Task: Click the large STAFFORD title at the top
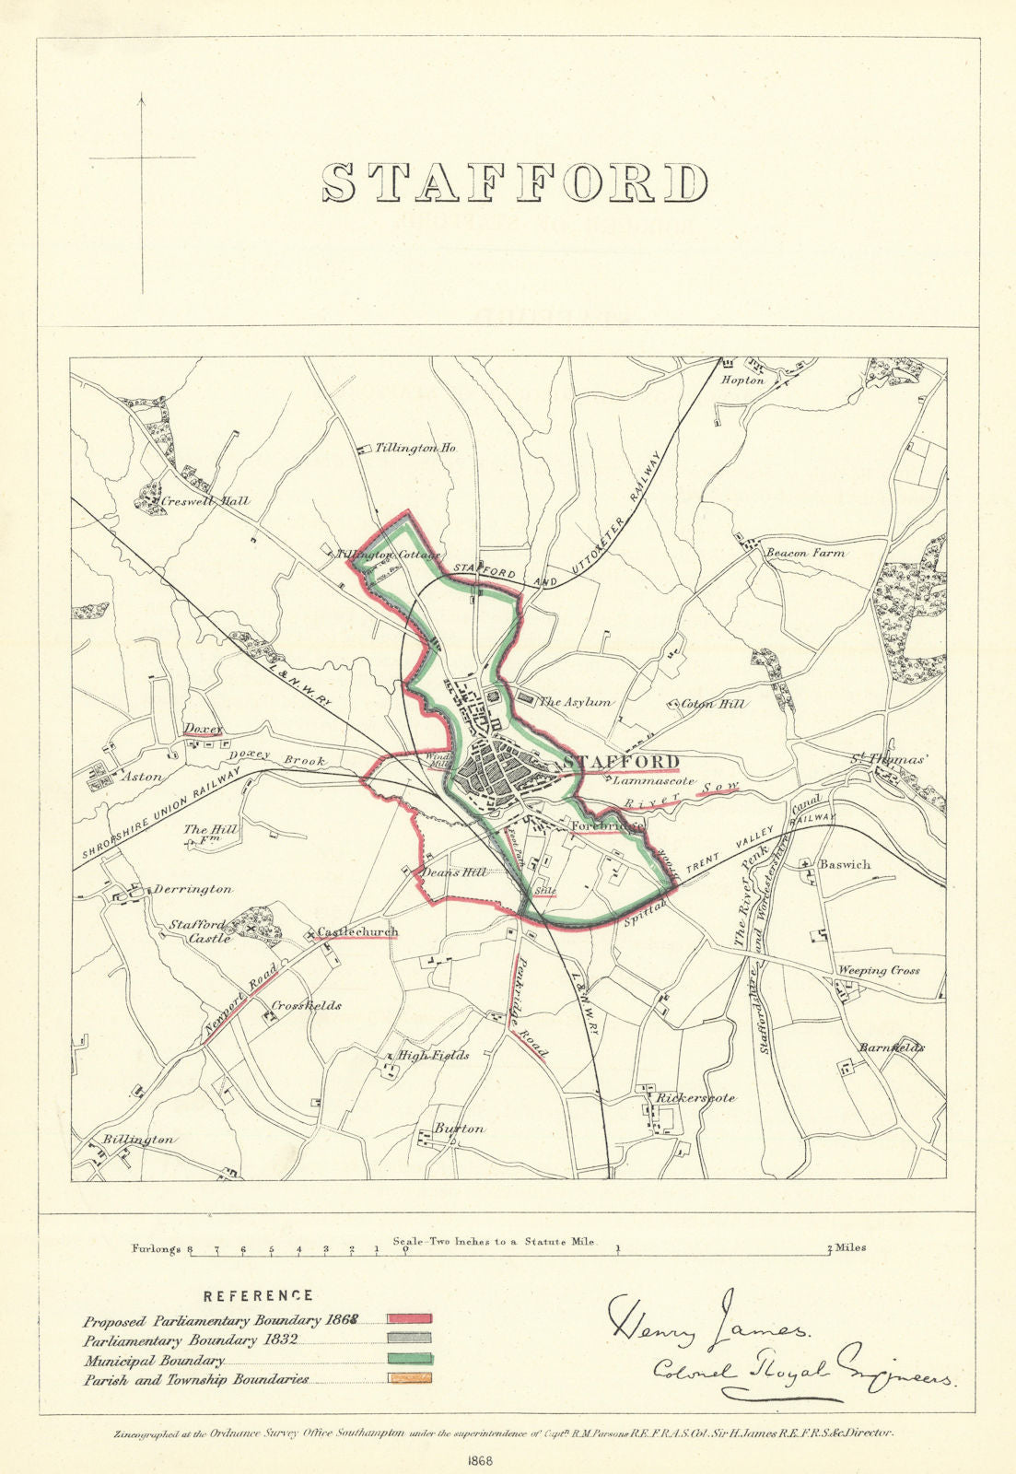click(515, 182)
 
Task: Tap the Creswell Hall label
click(206, 502)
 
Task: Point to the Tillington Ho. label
click(415, 448)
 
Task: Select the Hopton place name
click(742, 380)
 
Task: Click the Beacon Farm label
click(805, 553)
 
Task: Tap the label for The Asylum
click(574, 702)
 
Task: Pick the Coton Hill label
click(713, 704)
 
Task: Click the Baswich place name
click(845, 864)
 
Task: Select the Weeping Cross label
click(878, 970)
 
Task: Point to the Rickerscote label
click(695, 1098)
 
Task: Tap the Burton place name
click(459, 1129)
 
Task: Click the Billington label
click(138, 1140)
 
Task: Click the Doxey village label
click(203, 729)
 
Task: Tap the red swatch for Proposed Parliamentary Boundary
click(410, 1321)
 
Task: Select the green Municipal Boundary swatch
click(410, 1359)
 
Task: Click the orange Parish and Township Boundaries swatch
click(410, 1379)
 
